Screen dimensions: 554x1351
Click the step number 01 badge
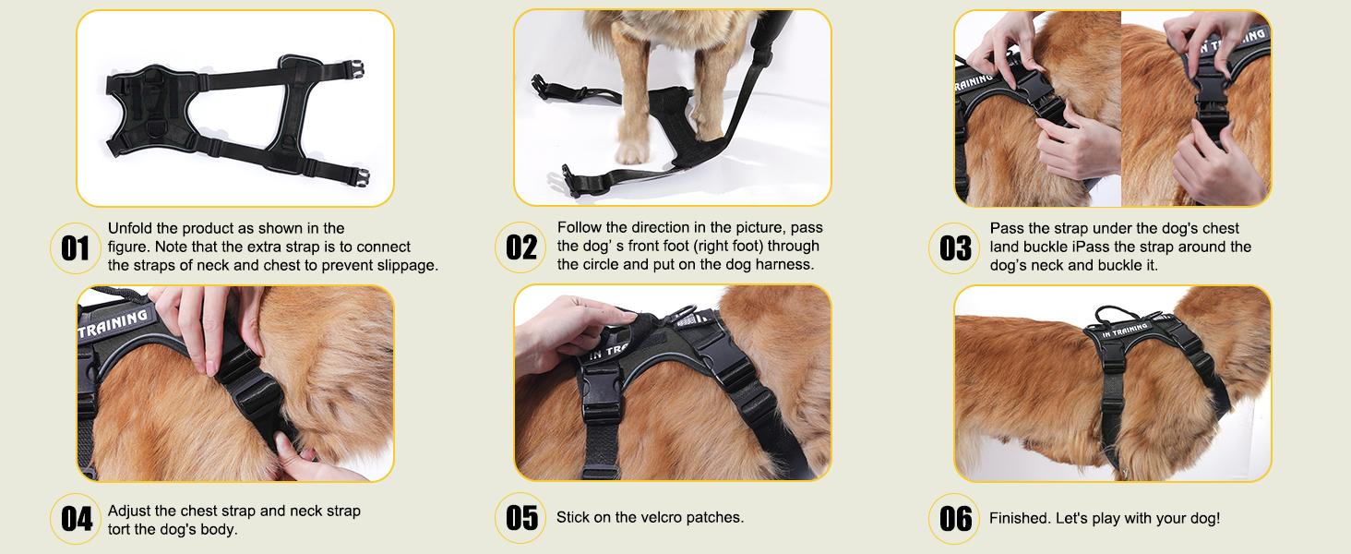point(76,247)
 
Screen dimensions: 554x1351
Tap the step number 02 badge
point(521,247)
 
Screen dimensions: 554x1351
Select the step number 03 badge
point(956,247)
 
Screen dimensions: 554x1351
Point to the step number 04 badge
point(76,519)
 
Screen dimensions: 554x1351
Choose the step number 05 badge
point(521,519)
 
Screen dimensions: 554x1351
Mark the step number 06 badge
point(956,519)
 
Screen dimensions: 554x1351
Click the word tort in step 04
point(120,529)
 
